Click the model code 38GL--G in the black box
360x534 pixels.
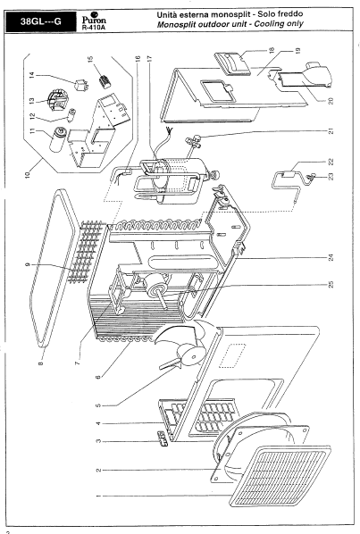40,21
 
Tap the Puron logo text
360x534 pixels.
94,20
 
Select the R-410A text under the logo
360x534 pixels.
94,28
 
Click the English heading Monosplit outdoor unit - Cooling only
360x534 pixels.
230,24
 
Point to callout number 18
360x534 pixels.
271,50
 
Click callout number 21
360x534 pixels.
331,130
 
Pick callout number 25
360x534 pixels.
331,284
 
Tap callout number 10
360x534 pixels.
28,174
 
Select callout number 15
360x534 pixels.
90,59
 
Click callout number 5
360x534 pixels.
98,405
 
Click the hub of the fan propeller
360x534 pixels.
192,355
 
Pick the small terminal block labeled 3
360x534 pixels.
163,438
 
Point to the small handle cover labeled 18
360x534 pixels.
232,63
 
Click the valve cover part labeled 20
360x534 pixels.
306,78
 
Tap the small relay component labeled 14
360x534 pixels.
81,85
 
